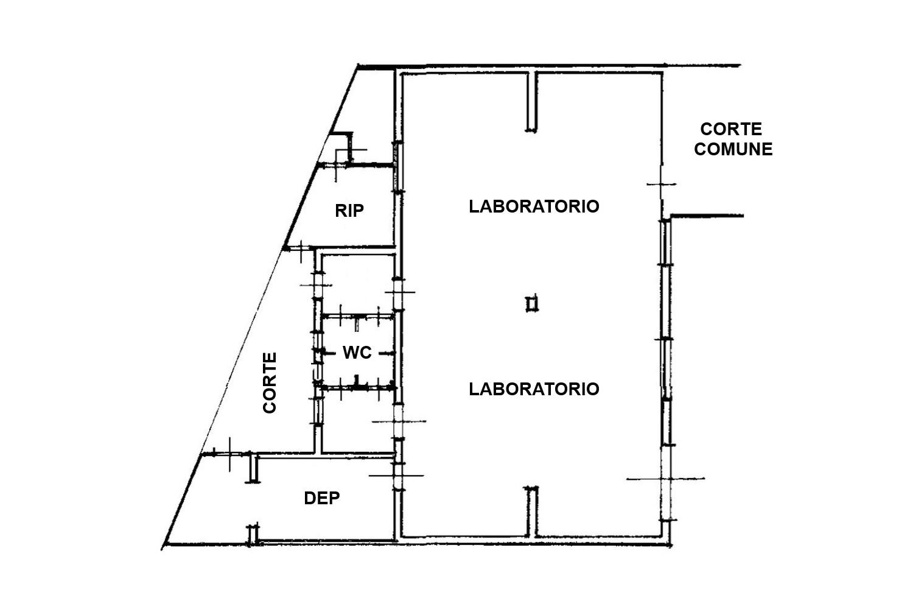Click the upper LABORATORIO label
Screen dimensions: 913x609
(x=534, y=206)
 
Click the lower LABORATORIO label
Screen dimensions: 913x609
(x=534, y=389)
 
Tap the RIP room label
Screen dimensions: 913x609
(x=349, y=211)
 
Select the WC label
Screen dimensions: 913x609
(x=357, y=353)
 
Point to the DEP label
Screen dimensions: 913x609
(x=321, y=498)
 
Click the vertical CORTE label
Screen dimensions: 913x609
(x=270, y=382)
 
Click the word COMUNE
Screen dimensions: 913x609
(x=733, y=149)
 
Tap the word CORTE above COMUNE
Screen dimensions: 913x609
(x=731, y=129)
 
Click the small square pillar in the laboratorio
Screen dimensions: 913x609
(x=531, y=304)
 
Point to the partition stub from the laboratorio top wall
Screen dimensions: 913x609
(x=531, y=102)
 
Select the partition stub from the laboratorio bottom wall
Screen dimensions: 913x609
(x=531, y=512)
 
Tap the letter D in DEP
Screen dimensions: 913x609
(x=310, y=498)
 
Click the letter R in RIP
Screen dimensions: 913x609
(x=341, y=211)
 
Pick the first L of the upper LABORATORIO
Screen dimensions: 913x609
(x=474, y=206)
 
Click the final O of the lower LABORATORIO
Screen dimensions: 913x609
(x=593, y=389)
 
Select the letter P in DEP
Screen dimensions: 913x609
(x=334, y=498)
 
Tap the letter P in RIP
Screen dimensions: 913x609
(x=359, y=211)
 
